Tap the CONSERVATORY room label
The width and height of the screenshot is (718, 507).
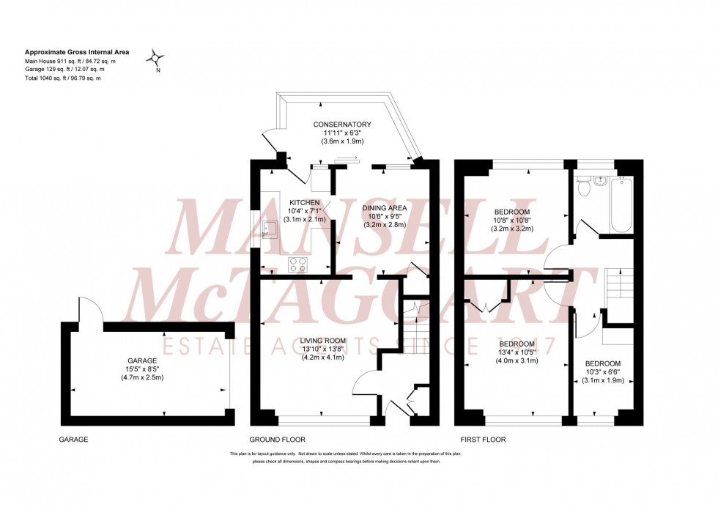coord(342,125)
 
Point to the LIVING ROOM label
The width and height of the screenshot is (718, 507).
coord(322,340)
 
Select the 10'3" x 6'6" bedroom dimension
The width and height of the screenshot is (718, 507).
coord(602,372)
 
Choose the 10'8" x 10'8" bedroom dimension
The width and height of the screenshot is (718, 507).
coord(513,219)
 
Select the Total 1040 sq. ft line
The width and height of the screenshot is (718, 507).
coord(63,78)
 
